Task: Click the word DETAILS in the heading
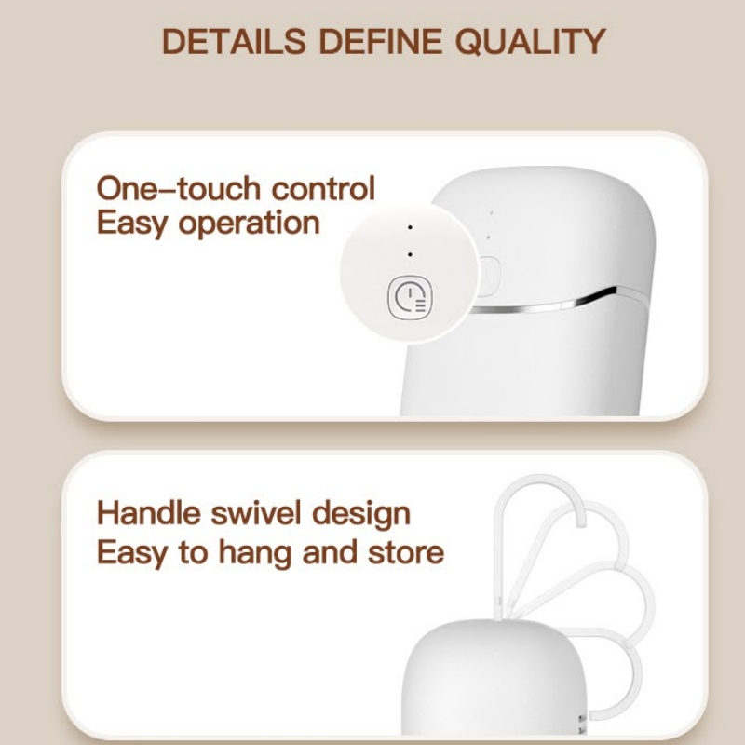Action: [x=234, y=41]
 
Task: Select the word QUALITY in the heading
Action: [x=530, y=41]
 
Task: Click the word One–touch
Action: [x=179, y=188]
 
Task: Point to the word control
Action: [x=323, y=188]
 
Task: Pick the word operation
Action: [x=249, y=223]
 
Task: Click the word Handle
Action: [x=149, y=513]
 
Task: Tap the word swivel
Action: [x=256, y=513]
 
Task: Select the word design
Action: [x=361, y=515]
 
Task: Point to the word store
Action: [x=406, y=552]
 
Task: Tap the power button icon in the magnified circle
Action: [x=410, y=298]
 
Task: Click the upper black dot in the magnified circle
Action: [x=410, y=227]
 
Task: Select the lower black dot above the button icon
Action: [x=410, y=254]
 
